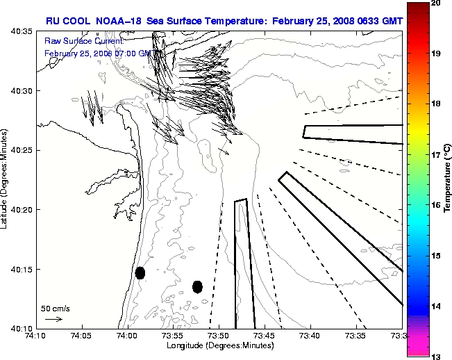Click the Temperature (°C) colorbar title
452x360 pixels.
pos(448,180)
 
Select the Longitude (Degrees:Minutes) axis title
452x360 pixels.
pos(217,345)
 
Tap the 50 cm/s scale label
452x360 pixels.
pos(55,308)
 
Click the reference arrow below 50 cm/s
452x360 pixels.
pos(53,319)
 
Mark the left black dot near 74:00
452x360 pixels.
pos(140,272)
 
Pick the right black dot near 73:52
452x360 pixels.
pos(197,286)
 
